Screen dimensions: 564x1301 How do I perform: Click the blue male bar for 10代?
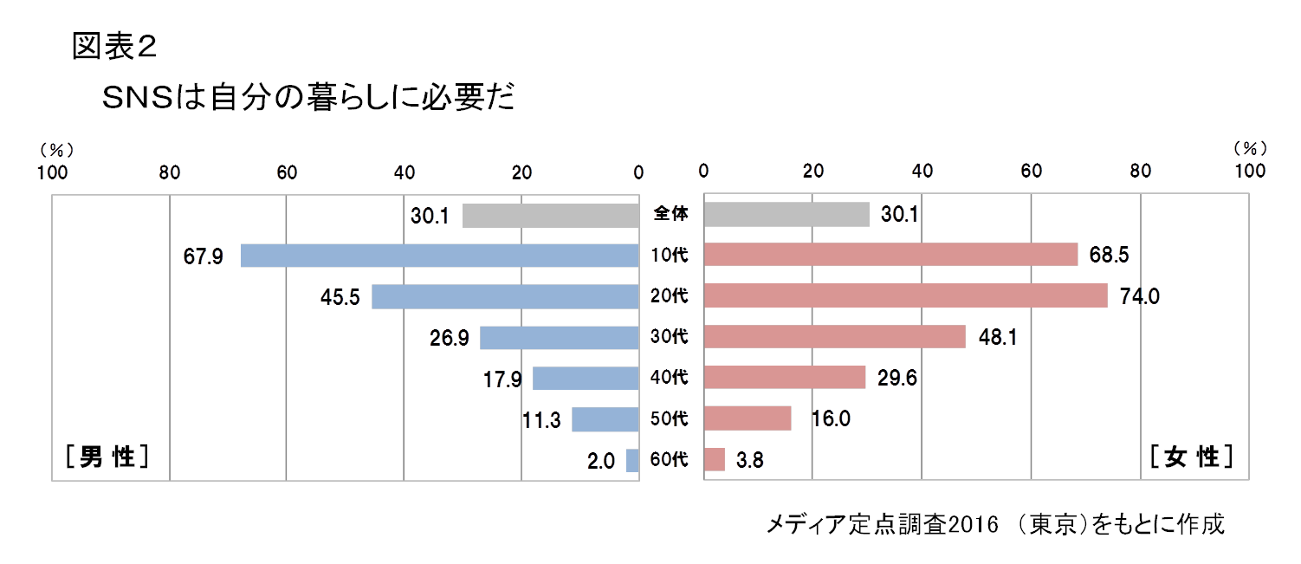[x=439, y=256]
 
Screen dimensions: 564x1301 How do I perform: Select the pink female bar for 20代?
[x=905, y=295]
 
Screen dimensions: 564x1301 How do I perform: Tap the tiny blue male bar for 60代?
[x=632, y=461]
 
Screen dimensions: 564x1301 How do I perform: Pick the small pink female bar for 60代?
[x=715, y=459]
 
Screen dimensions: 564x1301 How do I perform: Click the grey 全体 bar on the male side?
[x=551, y=215]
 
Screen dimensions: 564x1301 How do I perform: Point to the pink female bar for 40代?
[x=785, y=377]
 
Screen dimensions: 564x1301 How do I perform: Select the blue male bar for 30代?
[x=560, y=338]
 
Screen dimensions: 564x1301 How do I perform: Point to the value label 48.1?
[x=994, y=337]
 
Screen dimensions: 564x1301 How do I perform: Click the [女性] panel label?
[x=1191, y=456]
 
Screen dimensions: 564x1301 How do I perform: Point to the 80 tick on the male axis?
[x=170, y=172]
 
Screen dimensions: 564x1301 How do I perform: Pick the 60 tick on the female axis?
[x=1031, y=172]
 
